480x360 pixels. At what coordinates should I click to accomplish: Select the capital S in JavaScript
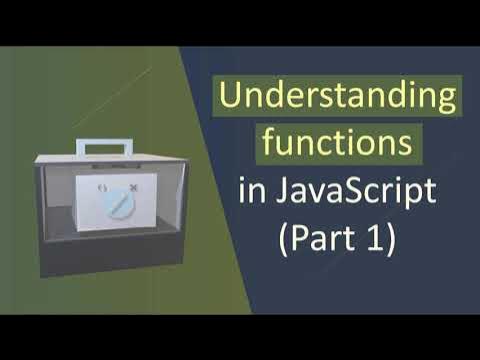pos(355,190)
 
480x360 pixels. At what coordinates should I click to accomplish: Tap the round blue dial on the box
pos(118,204)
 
